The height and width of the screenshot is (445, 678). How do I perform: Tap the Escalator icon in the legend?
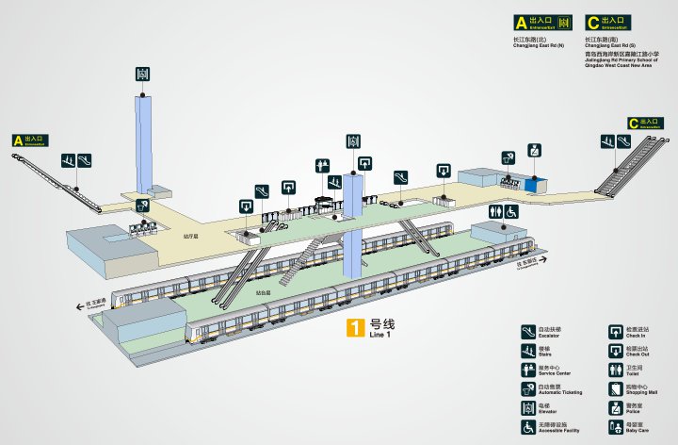528,331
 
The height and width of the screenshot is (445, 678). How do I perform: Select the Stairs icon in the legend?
528,351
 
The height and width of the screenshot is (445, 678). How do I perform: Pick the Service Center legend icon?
528,370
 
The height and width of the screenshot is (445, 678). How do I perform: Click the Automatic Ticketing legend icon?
528,389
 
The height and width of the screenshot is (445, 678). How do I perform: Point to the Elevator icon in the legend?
528,408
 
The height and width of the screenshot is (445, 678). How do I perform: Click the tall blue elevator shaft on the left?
143,141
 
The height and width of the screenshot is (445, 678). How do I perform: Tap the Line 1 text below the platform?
379,335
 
